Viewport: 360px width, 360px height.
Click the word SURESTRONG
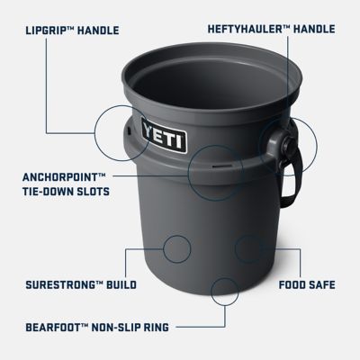(59, 285)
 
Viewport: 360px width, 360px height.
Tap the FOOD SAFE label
(306, 285)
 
